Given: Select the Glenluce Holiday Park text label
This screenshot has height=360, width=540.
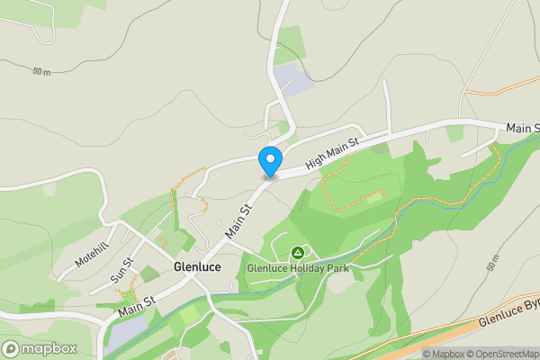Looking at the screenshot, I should pyautogui.click(x=298, y=267).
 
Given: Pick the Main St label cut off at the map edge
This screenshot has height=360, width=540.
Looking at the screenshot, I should pyautogui.click(x=522, y=129).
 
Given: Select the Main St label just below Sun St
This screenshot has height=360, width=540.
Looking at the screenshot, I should pyautogui.click(x=137, y=305).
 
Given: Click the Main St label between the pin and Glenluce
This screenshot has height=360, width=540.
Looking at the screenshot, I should pyautogui.click(x=238, y=220).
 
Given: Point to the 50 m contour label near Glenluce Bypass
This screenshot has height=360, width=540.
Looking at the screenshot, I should pyautogui.click(x=491, y=265).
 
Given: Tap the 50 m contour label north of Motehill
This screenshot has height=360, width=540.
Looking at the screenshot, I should pyautogui.click(x=40, y=71).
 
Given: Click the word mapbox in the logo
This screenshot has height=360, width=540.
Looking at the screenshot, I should pyautogui.click(x=49, y=348).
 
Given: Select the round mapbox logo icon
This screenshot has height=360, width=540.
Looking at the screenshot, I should pyautogui.click(x=12, y=348).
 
